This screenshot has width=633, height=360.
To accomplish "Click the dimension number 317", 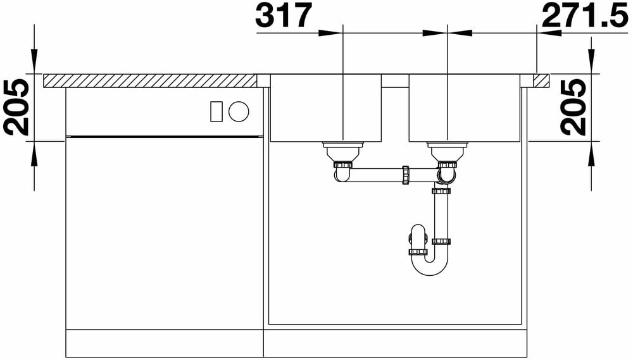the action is point(284,15).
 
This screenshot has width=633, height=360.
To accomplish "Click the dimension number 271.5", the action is point(585,15).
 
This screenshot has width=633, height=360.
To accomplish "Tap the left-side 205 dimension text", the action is point(16,107).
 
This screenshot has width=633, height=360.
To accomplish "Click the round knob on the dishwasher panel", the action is point(239,111).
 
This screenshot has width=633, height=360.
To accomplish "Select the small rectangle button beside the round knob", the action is point(216,111).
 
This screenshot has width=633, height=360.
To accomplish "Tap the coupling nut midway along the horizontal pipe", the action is point(406,175).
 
